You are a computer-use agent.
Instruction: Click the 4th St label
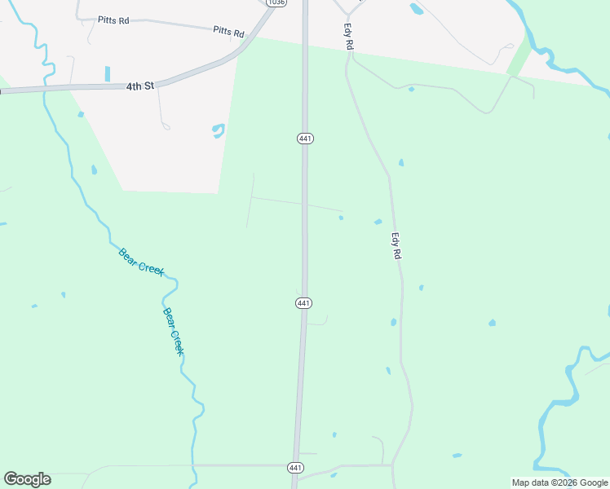point(139,85)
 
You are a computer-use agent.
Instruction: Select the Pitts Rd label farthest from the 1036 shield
point(113,20)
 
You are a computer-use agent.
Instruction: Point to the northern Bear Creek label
point(141,262)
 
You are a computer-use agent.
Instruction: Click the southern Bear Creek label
point(173,331)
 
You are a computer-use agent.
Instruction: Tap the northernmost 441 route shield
point(304,139)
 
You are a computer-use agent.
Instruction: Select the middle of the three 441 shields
point(303,303)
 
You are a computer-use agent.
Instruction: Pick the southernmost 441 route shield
point(295,468)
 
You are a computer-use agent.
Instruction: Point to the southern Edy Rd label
point(396,247)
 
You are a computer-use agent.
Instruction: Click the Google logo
point(27,479)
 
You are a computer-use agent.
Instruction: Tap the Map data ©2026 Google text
point(559,482)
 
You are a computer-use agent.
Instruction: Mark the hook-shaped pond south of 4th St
point(219,130)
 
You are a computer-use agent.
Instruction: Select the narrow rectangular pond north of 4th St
point(107,73)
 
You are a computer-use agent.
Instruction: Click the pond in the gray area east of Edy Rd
point(417,10)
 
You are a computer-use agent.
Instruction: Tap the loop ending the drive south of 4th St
point(166,126)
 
